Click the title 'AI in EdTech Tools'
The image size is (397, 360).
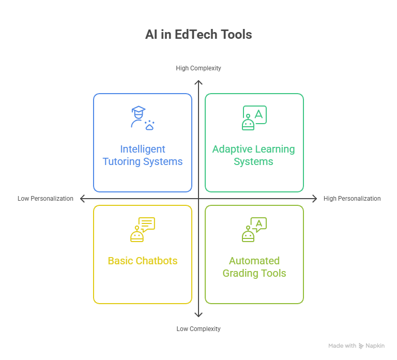pyautogui.click(x=198, y=35)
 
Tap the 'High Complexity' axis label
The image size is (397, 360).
pyautogui.click(x=198, y=68)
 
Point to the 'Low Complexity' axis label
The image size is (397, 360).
pyautogui.click(x=198, y=328)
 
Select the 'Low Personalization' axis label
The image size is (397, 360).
pyautogui.click(x=45, y=198)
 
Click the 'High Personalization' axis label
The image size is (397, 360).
pyautogui.click(x=352, y=198)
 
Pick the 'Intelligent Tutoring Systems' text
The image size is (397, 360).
pyautogui.click(x=143, y=155)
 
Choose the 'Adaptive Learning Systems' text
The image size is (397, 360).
pyautogui.click(x=254, y=155)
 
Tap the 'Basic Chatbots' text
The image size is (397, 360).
pyautogui.click(x=143, y=261)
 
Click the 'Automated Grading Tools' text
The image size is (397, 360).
pyautogui.click(x=254, y=267)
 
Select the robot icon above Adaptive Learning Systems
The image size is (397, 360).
pyautogui.click(x=254, y=118)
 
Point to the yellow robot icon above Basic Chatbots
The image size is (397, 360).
pyautogui.click(x=142, y=230)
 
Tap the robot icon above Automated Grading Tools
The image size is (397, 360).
pyautogui.click(x=254, y=230)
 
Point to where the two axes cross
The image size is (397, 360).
pyautogui.click(x=198, y=198)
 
